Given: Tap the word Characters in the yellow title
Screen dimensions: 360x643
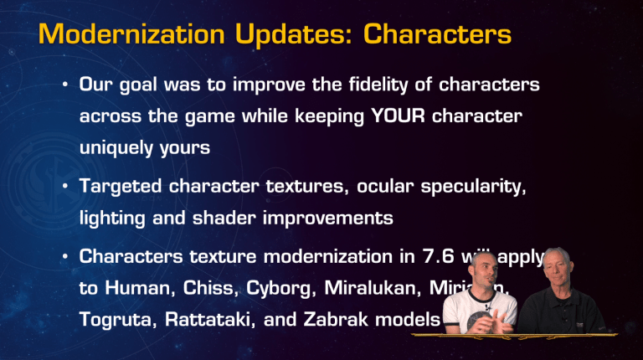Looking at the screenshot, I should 439,34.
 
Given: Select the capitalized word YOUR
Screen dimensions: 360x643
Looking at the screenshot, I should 399,116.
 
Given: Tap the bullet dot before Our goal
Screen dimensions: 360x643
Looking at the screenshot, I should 64,86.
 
